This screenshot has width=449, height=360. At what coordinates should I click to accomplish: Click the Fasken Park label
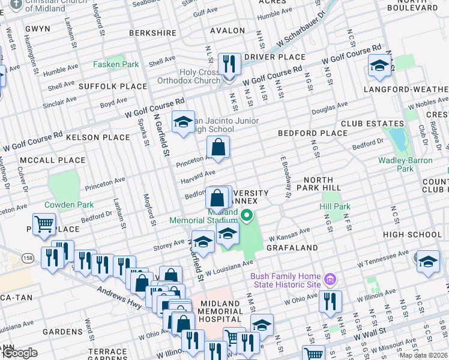click(x=116, y=64)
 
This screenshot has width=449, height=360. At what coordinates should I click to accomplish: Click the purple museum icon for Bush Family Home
click(x=329, y=279)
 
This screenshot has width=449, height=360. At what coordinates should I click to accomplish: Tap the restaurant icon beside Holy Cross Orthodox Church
click(x=229, y=64)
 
